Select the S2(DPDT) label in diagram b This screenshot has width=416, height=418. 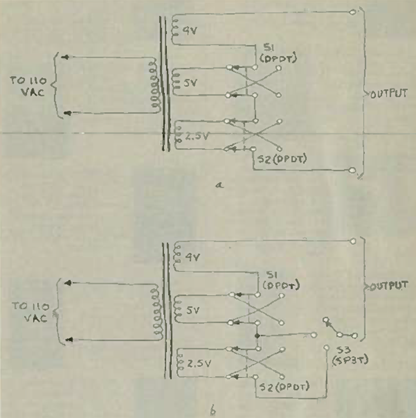click(x=283, y=387)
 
